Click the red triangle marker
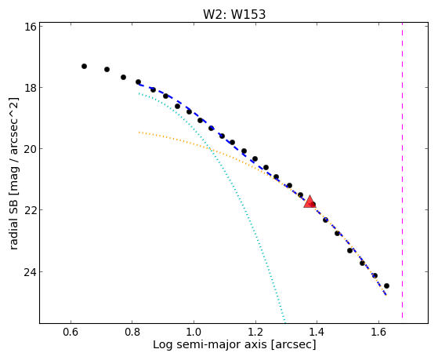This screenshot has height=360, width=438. point(309,202)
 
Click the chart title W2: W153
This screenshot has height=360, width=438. point(234,14)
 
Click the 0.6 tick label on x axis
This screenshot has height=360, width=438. point(71,333)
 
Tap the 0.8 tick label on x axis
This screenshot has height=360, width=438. point(132,333)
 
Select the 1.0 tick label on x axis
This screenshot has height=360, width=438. point(194,333)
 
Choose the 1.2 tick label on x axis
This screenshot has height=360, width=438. point(255,333)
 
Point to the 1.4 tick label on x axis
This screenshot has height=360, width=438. point(317,333)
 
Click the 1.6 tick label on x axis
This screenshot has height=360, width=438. point(378,333)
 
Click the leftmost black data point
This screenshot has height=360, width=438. point(84,67)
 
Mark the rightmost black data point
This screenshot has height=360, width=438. point(386,285)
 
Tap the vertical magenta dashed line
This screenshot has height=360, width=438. point(402,170)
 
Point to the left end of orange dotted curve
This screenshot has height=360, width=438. point(139,132)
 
